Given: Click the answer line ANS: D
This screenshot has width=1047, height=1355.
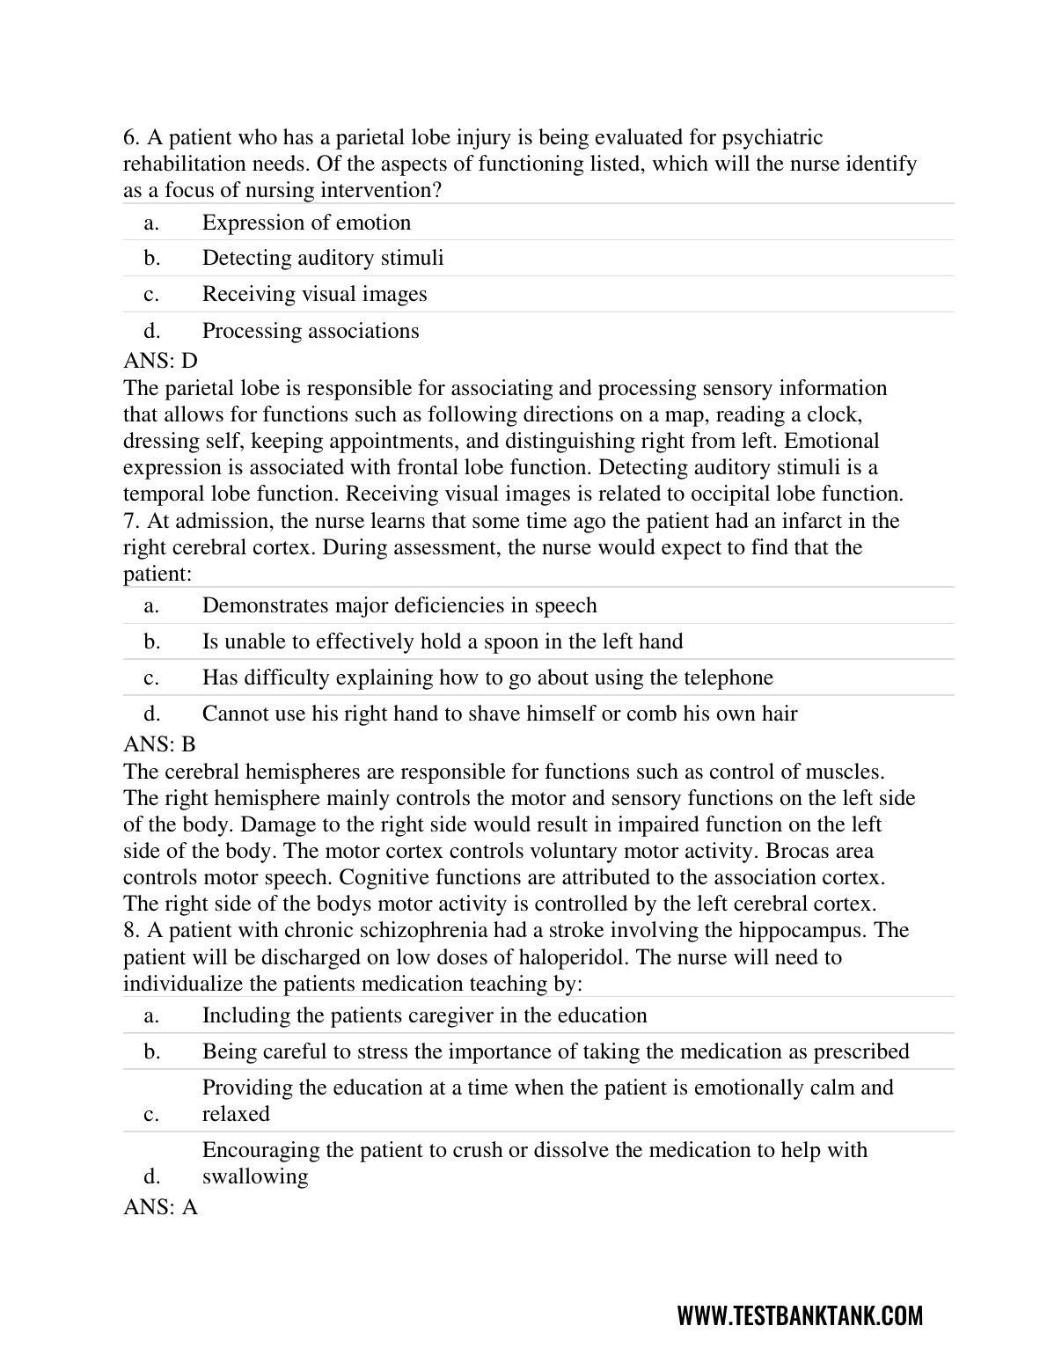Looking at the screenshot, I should point(160,361).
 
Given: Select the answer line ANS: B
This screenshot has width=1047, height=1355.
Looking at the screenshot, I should point(159,744).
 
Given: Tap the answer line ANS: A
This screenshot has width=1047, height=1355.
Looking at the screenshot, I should point(160,1207).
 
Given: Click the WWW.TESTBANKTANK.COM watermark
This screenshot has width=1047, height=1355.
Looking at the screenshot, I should point(800,1315).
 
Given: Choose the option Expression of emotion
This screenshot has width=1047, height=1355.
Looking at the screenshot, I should point(306,223).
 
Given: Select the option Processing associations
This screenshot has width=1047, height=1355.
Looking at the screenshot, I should point(311,331).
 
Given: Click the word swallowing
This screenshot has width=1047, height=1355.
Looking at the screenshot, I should point(255,1176).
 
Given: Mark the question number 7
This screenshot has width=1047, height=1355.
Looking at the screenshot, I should point(131,521).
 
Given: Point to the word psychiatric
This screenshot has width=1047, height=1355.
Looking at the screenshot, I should point(772,137).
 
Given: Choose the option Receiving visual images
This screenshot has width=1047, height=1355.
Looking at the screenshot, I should point(314,294).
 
